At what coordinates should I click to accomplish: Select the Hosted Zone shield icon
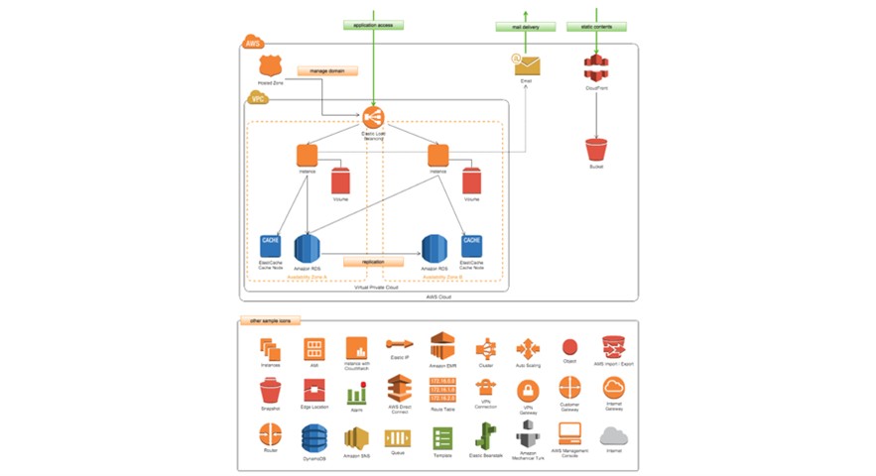pos(266,65)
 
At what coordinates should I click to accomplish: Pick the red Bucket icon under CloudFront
pos(595,150)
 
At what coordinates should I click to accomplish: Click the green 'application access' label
pos(373,24)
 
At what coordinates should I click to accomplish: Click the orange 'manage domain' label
pos(325,70)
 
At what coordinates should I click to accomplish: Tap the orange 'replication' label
pos(373,262)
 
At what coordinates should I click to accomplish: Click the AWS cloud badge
pos(253,43)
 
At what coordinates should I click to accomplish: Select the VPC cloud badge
pos(258,98)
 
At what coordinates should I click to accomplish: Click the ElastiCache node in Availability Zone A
pos(270,245)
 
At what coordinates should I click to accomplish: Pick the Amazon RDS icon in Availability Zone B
pos(434,249)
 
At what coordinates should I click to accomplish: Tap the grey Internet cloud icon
pos(614,436)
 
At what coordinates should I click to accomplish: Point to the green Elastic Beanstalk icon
pos(486,437)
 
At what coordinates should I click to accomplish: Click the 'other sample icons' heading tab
pos(270,321)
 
